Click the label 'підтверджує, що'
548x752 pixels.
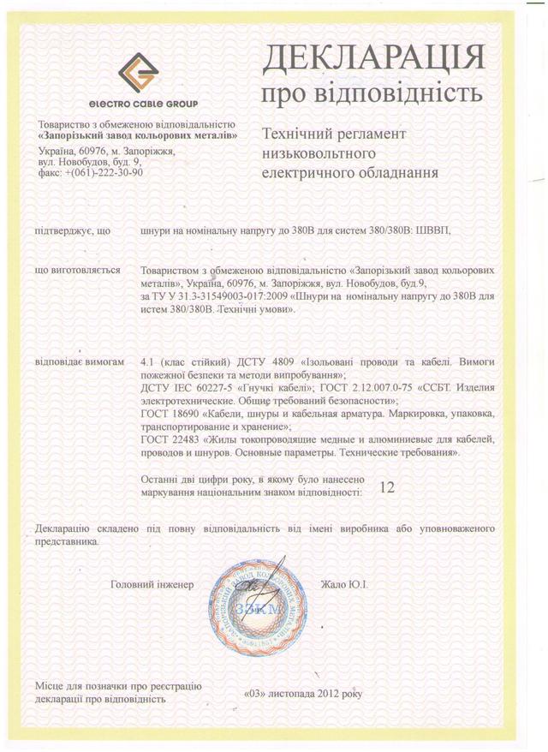tap(72, 230)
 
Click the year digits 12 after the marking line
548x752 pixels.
tap(386, 487)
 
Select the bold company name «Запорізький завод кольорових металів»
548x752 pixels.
tap(137, 135)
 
